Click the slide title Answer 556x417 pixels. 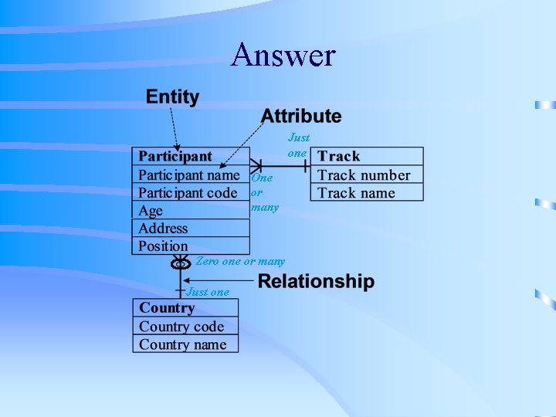[x=283, y=56]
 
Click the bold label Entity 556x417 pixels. [x=172, y=97]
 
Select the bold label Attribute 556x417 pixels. [x=300, y=117]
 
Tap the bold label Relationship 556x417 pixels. [x=315, y=282]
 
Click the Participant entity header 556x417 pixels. [x=175, y=157]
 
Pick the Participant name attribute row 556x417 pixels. [x=188, y=175]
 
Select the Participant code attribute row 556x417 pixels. [x=188, y=192]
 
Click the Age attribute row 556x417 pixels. [x=151, y=211]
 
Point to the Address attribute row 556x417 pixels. [x=163, y=229]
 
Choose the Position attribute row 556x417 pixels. [x=163, y=246]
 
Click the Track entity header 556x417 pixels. [x=339, y=157]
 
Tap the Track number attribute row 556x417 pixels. [x=364, y=175]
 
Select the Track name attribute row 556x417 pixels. [x=356, y=193]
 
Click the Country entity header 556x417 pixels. [x=167, y=308]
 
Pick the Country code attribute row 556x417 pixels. [x=181, y=327]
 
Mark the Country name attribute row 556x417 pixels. [x=183, y=344]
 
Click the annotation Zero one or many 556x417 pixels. [x=240, y=262]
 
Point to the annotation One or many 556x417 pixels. [x=263, y=192]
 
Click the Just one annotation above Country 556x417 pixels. [x=208, y=292]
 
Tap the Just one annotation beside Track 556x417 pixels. [x=298, y=145]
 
